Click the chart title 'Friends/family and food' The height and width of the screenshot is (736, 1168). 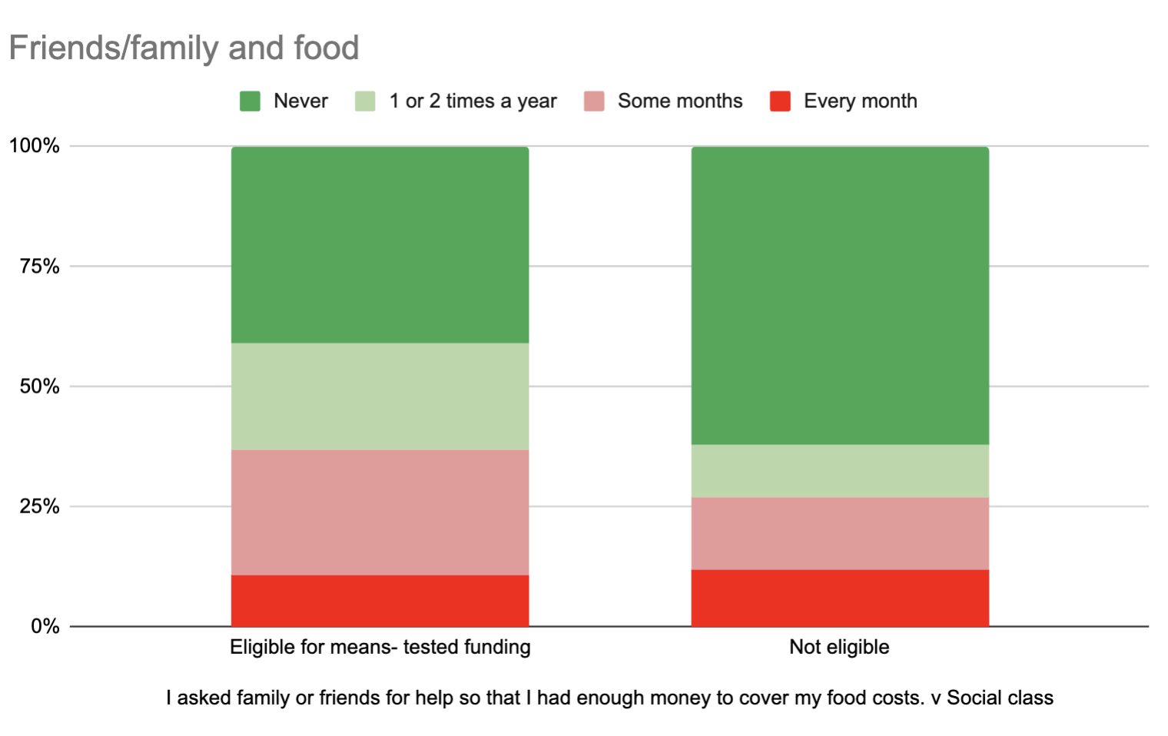pyautogui.click(x=184, y=48)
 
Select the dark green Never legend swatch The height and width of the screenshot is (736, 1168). pyautogui.click(x=250, y=101)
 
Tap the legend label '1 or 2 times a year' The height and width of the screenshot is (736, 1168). pyautogui.click(x=473, y=101)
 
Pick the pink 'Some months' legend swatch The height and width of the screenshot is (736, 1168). pyautogui.click(x=594, y=101)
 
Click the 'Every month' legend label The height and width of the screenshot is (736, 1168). pyautogui.click(x=860, y=101)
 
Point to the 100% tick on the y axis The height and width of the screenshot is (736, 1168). pyautogui.click(x=34, y=145)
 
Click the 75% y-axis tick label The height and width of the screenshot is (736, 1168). pyautogui.click(x=39, y=267)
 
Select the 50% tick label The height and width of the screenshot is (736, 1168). pyautogui.click(x=39, y=386)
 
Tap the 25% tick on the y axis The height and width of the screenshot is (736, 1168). pyautogui.click(x=39, y=506)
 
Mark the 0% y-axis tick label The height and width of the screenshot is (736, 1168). pyautogui.click(x=45, y=626)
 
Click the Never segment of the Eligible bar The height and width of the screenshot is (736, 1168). pyautogui.click(x=380, y=244)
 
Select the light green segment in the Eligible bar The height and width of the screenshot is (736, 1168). pyautogui.click(x=380, y=396)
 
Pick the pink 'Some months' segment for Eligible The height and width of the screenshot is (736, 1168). pyautogui.click(x=380, y=512)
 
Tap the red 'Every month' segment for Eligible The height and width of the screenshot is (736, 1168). pyautogui.click(x=380, y=601)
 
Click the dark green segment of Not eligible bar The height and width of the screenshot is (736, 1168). pyautogui.click(x=840, y=296)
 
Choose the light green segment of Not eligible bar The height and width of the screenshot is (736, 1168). pyautogui.click(x=840, y=471)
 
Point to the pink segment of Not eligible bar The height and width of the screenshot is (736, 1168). pyautogui.click(x=840, y=533)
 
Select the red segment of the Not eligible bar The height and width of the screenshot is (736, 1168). pyautogui.click(x=840, y=598)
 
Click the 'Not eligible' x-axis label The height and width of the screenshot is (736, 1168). pyautogui.click(x=839, y=647)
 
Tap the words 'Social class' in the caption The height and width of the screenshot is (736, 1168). pyautogui.click(x=1000, y=698)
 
